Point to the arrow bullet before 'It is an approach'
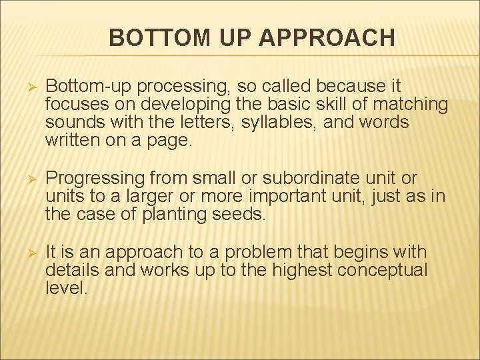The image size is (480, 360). tap(27, 253)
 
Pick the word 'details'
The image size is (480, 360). tap(68, 270)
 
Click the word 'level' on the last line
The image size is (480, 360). tap(65, 288)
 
